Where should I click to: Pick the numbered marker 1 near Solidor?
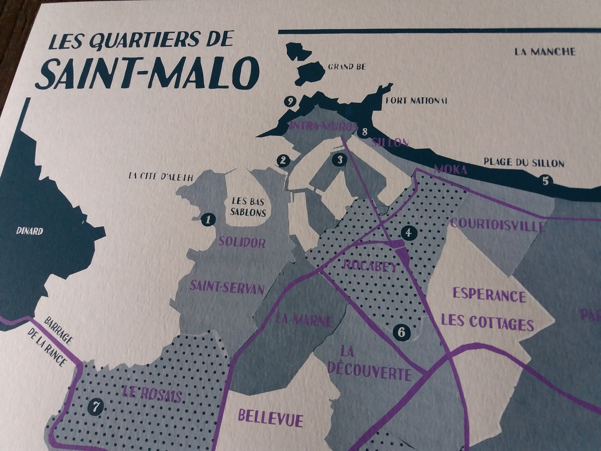pos(208,219)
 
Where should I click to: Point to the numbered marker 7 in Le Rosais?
pos(95,407)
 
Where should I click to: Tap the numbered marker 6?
pos(403,332)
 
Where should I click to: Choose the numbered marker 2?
pos(283,160)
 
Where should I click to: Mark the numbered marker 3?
pos(340,160)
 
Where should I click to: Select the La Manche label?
pos(545,52)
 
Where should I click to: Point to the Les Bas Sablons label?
pos(248,207)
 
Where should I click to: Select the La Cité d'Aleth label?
pos(161,177)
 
